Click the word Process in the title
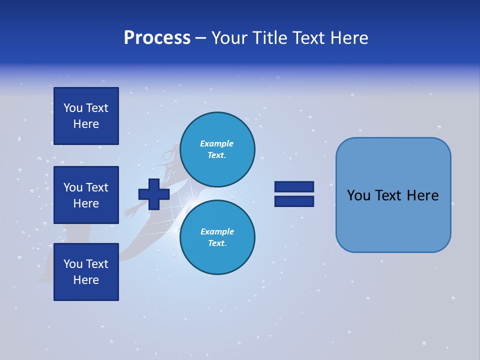point(157,38)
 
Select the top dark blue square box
point(86,116)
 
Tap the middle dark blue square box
point(86,195)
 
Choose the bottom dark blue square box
point(86,272)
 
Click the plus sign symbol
point(154,194)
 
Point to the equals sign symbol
point(294,194)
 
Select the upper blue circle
point(217,149)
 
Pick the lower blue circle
point(217,237)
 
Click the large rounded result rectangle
point(393,195)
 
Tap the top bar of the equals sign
point(294,186)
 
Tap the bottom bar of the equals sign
point(294,201)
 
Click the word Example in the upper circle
point(217,143)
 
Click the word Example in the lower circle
point(217,231)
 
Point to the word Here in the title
point(348,38)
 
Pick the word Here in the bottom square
point(86,280)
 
